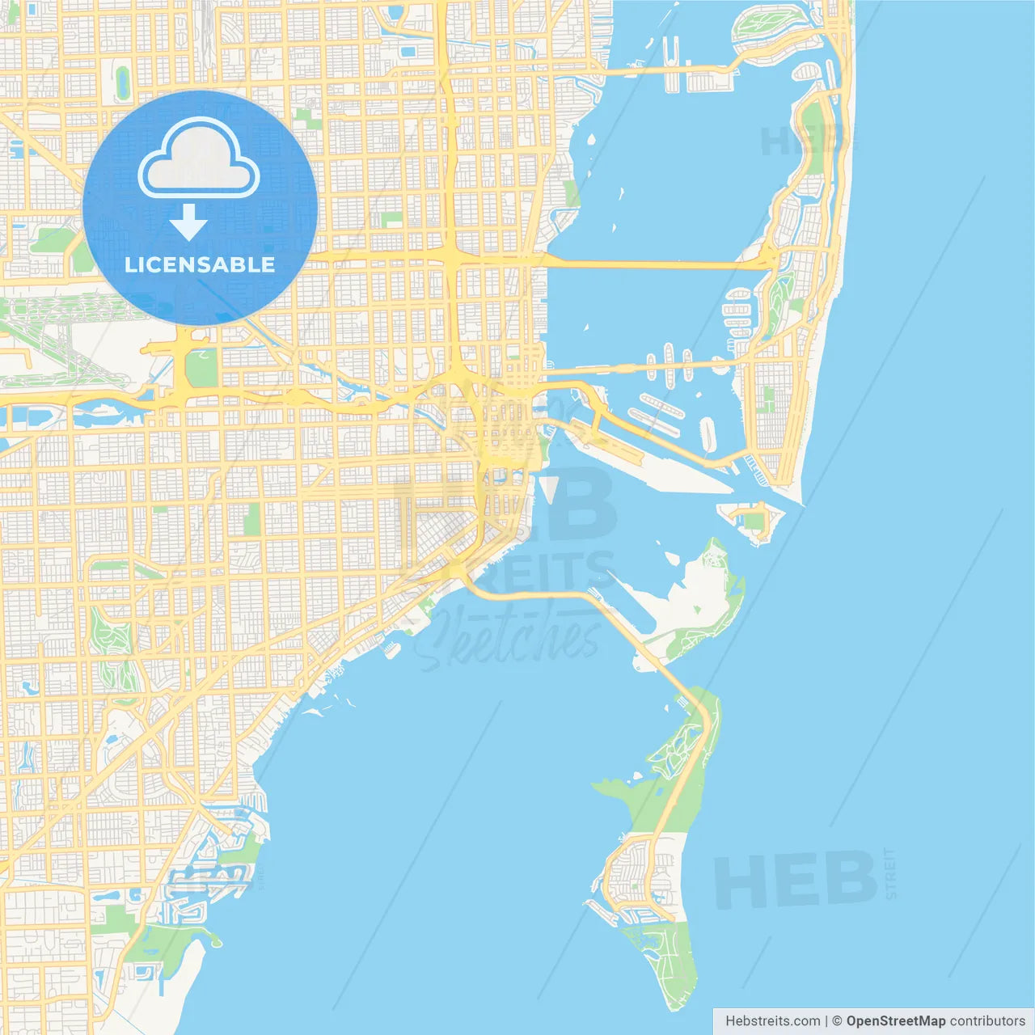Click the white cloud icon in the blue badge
[199, 158]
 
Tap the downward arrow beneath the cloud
[189, 222]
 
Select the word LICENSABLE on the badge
[200, 264]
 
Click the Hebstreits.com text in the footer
[772, 1021]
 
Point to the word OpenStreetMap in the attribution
[895, 1021]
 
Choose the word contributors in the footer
[986, 1021]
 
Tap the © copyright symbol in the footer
[838, 1021]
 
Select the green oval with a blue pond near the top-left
[123, 82]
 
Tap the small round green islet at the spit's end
[215, 940]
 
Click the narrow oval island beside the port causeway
[708, 434]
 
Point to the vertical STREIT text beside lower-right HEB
[890, 873]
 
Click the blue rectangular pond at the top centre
[408, 51]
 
